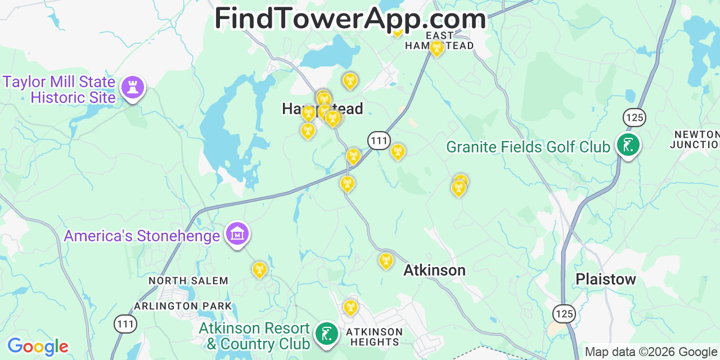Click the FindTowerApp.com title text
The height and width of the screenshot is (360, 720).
click(x=350, y=18)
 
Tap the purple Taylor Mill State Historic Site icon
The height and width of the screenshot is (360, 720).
click(x=133, y=88)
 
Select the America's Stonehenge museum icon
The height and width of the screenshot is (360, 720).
click(x=237, y=234)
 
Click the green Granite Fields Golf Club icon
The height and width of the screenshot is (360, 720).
click(x=627, y=145)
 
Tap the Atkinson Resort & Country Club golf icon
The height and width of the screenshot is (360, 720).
click(x=326, y=334)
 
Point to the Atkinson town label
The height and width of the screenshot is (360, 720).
click(x=434, y=271)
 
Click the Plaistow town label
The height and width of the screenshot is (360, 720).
click(x=605, y=279)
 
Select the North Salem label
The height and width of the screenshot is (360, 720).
click(x=188, y=281)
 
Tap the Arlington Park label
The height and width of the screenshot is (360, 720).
click(x=183, y=306)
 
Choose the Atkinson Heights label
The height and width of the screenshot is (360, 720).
click(x=374, y=336)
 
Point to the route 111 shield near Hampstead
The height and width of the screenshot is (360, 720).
click(x=379, y=140)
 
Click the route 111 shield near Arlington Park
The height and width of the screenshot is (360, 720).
click(x=125, y=323)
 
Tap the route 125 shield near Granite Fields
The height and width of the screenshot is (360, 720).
click(x=634, y=118)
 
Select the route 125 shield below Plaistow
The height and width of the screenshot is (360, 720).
click(x=564, y=313)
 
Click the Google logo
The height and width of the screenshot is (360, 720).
click(x=38, y=346)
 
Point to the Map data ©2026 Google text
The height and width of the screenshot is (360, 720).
click(x=651, y=352)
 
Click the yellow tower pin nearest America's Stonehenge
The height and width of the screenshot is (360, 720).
click(x=259, y=269)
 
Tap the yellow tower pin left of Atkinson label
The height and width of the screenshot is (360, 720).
click(x=386, y=260)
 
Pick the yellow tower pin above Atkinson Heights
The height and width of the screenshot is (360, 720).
click(x=350, y=307)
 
